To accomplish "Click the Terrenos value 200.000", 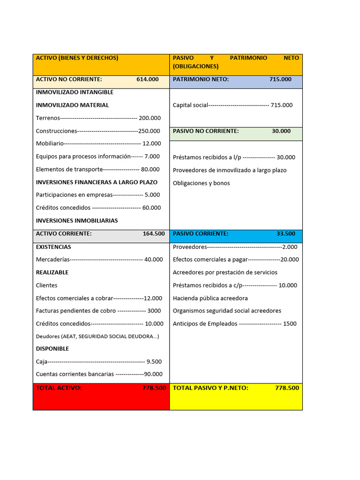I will point(150,118).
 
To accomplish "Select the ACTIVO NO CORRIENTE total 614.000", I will point(148,79).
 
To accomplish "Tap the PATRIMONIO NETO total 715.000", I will point(280,79).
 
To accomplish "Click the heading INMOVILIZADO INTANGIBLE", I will point(75,92).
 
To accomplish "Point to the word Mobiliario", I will point(50,144).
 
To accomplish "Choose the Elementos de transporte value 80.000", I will point(150,170).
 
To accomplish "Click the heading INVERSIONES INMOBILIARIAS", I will point(77,221).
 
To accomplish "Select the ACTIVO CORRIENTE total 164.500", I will point(154,233).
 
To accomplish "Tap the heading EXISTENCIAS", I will point(53,247).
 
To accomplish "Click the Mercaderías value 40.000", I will point(154,260).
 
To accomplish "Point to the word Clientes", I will point(47,285).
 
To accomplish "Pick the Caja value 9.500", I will point(154,362).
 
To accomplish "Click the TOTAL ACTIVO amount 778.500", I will point(154,388).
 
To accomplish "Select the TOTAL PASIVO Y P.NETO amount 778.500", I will point(287,388).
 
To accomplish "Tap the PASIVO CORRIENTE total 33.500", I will point(286,233).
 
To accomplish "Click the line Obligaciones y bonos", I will point(201,183).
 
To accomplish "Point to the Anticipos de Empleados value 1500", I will point(290,324).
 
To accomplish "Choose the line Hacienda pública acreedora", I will point(210,298).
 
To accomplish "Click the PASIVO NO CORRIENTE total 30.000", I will point(281,131).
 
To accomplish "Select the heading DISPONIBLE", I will point(52,349).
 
